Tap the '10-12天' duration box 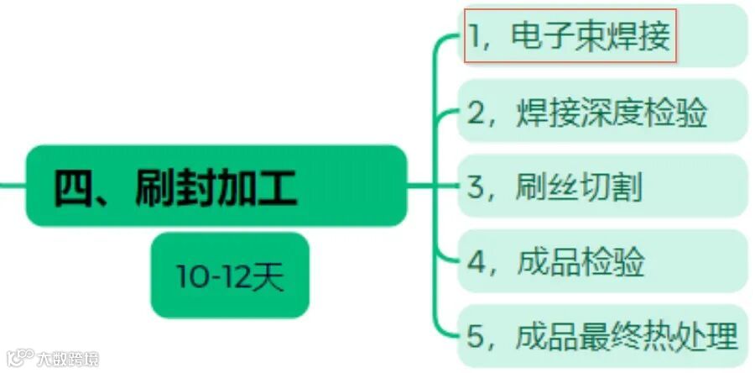click(x=230, y=276)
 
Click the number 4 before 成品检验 click(x=476, y=263)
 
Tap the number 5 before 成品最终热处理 click(x=476, y=338)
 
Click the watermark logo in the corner click(x=16, y=359)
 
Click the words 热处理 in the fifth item click(x=693, y=337)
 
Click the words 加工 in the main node click(x=257, y=187)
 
